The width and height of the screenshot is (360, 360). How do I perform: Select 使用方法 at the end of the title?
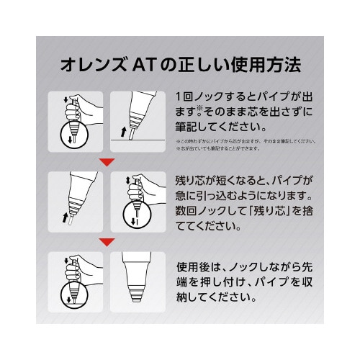click(271, 67)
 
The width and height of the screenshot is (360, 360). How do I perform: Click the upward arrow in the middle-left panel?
click(60, 215)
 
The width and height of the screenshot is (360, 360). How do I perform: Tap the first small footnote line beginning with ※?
click(245, 141)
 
